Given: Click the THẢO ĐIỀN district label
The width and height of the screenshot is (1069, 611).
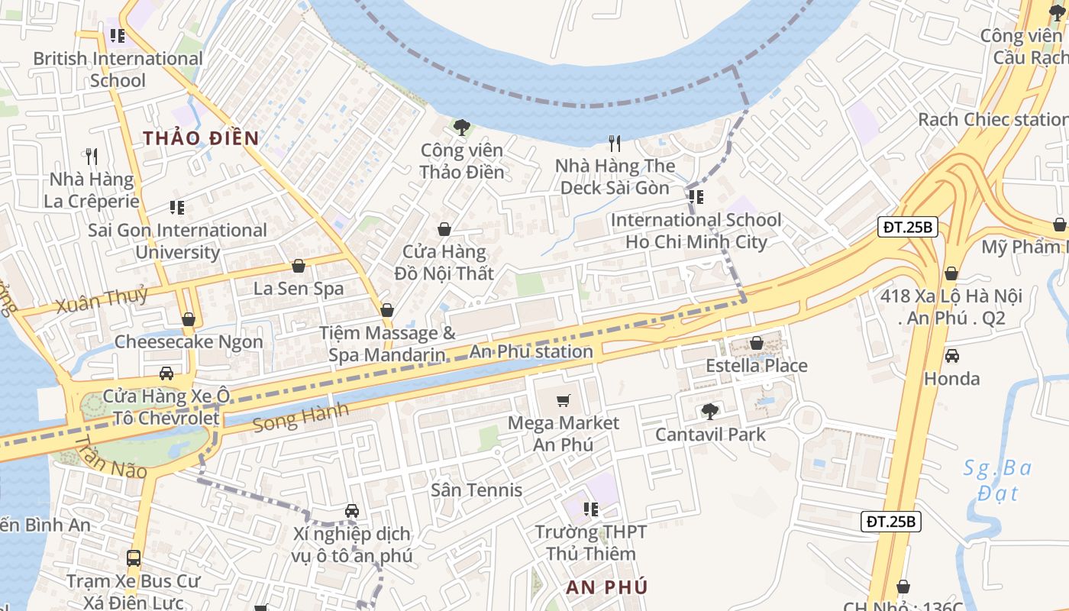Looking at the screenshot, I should (x=201, y=138).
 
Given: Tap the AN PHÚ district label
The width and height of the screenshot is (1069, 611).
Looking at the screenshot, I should (x=607, y=587).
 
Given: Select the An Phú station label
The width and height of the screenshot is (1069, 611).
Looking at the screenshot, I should (x=531, y=352).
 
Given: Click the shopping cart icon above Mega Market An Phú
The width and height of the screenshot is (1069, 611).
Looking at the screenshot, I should (x=564, y=401).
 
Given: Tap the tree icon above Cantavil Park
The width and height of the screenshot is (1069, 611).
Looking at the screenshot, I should (x=710, y=412).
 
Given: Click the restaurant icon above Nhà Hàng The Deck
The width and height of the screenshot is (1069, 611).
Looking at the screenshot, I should (x=614, y=143).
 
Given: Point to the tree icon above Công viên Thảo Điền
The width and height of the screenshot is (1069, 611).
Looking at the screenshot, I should (x=461, y=127).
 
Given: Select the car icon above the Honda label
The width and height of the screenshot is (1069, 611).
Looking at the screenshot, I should (x=951, y=356).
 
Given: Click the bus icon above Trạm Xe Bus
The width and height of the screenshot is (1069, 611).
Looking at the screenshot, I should (x=134, y=558).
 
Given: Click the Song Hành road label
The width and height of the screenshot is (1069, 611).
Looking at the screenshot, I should (x=301, y=417).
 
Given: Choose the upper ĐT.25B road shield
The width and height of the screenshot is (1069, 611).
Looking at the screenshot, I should (x=907, y=227).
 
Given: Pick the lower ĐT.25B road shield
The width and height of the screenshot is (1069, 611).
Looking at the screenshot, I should (x=892, y=522).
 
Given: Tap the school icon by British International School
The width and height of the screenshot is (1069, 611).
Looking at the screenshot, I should (x=117, y=36).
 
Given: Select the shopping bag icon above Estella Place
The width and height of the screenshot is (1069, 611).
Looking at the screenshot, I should (x=757, y=344).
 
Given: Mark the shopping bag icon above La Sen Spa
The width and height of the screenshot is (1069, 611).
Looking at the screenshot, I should (x=299, y=266).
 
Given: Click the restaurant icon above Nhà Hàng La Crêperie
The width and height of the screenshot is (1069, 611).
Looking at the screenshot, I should (x=92, y=157).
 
